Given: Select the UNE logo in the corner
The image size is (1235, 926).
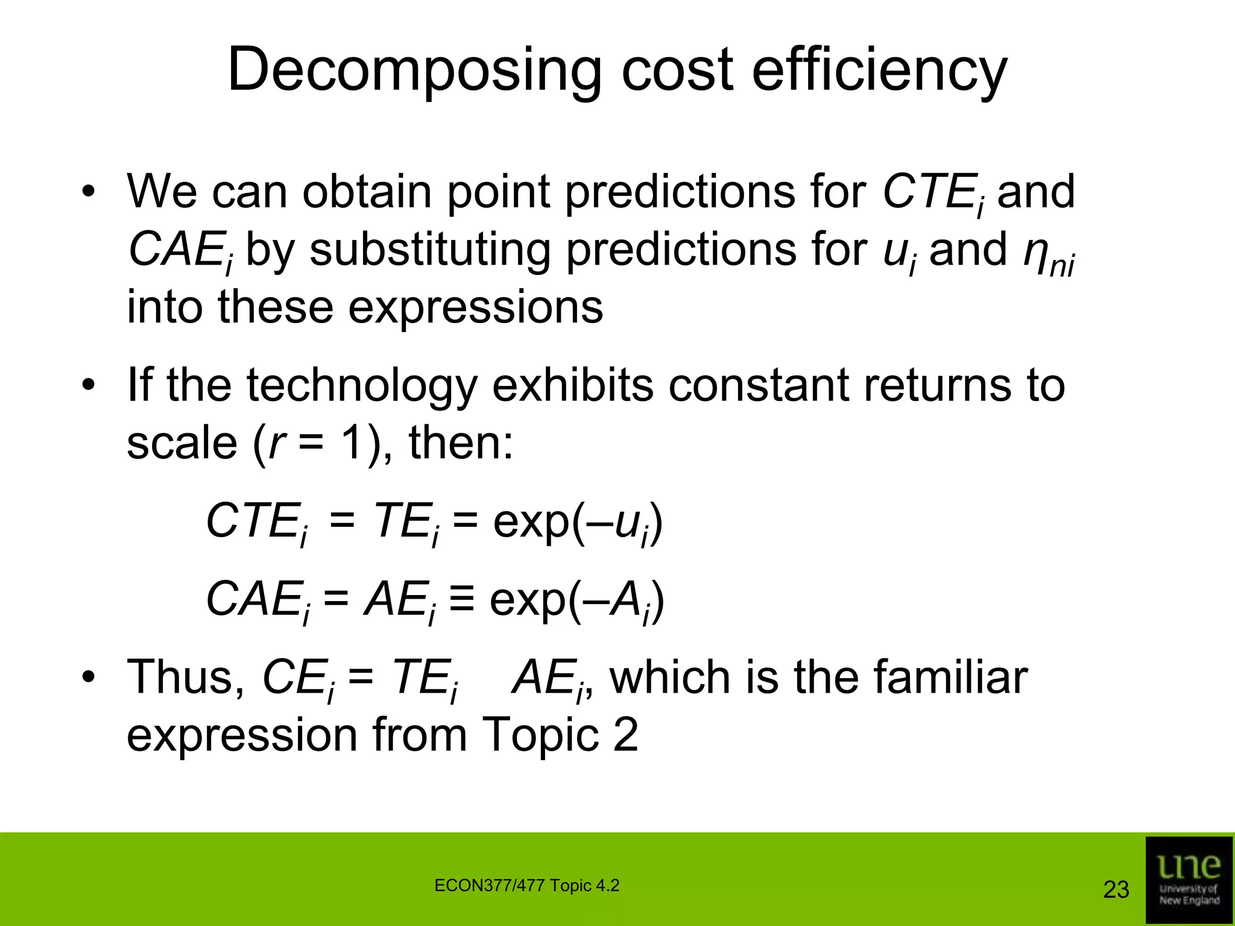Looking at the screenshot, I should [1189, 880].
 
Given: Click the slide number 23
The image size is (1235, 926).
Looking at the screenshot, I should [1116, 889].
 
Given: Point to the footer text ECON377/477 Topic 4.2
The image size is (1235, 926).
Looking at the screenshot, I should [526, 886].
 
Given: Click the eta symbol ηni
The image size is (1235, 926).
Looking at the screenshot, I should [1049, 253].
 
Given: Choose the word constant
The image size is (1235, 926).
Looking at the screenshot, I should [758, 386].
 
